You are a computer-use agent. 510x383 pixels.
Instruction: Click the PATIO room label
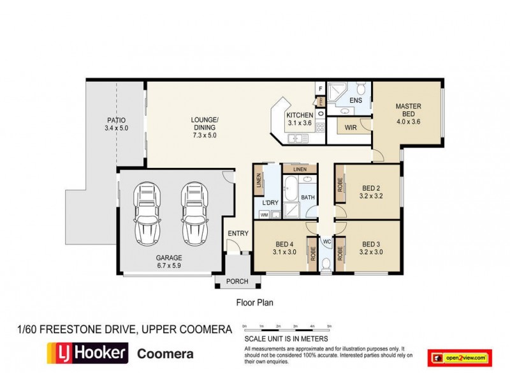116,120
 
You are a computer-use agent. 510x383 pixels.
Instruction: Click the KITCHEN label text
299,116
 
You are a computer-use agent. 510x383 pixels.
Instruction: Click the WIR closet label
349,127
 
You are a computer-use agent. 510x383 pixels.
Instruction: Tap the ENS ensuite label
356,100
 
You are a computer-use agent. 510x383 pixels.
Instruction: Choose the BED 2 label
371,188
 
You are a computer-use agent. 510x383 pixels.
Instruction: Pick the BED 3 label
371,244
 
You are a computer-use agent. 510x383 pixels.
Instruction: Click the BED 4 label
284,244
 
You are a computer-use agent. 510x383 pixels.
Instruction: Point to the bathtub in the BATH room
290,191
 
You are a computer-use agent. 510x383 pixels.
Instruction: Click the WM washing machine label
264,215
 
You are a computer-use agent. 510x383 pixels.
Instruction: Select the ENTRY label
238,234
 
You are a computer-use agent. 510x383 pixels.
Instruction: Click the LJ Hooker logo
87,352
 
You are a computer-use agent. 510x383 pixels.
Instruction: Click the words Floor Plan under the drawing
255,303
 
